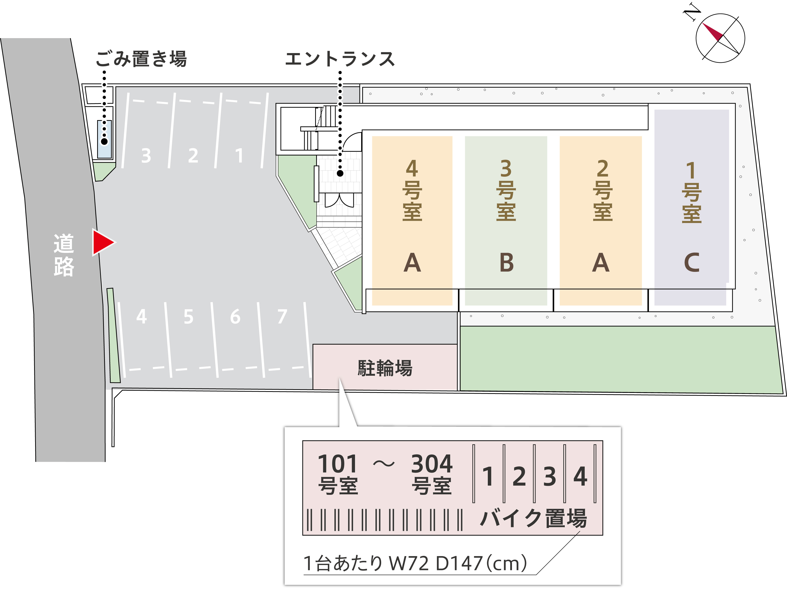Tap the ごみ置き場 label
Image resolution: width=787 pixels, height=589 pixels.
(141, 59)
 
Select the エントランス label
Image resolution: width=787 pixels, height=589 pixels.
(340, 59)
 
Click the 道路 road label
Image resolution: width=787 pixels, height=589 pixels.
(64, 255)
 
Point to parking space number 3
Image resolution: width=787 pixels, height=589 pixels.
(146, 156)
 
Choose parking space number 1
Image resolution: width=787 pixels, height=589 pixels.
(239, 156)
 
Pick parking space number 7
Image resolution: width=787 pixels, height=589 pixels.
(282, 316)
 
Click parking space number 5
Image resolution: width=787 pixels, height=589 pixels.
(189, 316)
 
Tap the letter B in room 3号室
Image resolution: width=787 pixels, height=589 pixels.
(506, 263)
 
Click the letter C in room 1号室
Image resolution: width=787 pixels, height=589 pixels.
(692, 263)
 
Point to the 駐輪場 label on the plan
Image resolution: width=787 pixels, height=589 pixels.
(385, 368)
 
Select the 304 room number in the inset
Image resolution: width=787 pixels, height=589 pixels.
(431, 464)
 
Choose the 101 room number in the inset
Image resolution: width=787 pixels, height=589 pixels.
(337, 464)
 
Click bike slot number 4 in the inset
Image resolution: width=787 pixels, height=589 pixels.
(580, 476)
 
